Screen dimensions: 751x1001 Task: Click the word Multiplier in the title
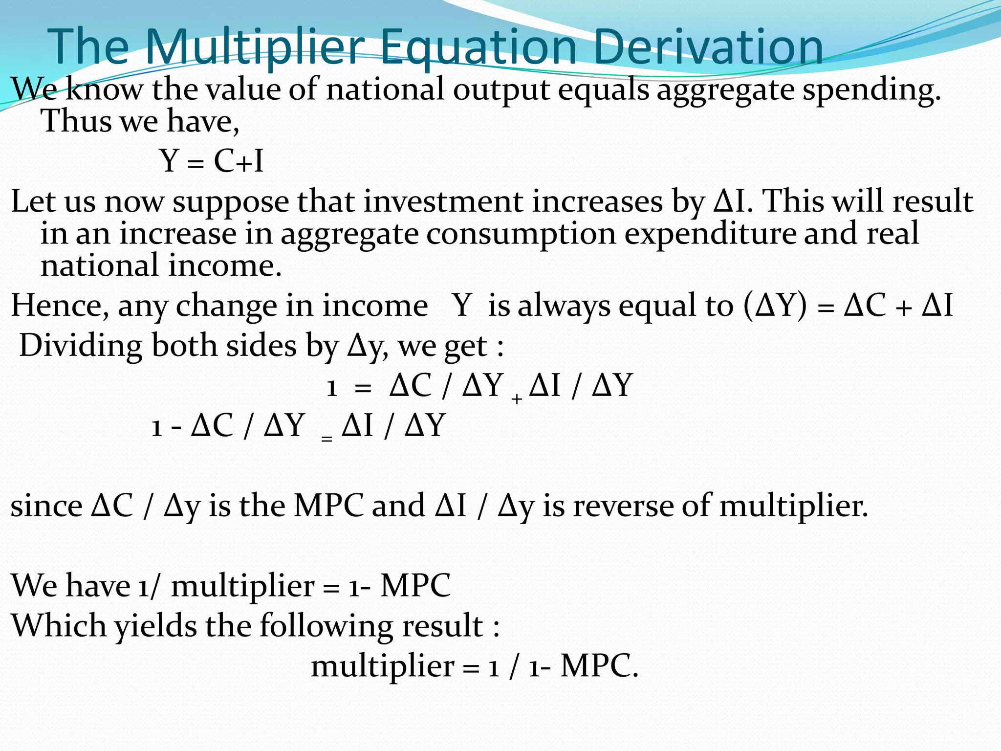pos(255,48)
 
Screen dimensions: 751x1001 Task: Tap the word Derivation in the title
pos(709,48)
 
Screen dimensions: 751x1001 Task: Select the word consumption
pos(521,234)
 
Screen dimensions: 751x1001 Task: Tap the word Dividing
pos(81,347)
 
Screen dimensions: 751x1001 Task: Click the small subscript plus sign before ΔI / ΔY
pos(517,399)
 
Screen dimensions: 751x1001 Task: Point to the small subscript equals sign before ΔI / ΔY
pos(327,439)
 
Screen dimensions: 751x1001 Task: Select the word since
pos(46,506)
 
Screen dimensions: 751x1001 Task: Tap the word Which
pos(59,625)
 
